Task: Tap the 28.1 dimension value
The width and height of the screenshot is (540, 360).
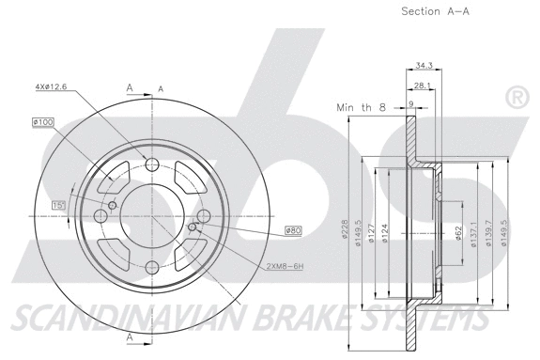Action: click(422, 86)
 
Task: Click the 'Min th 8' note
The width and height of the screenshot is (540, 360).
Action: click(361, 108)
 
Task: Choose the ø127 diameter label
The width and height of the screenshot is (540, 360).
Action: click(372, 234)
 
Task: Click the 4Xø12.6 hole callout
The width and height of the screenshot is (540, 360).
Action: click(52, 87)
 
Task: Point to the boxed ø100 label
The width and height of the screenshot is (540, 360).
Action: click(43, 121)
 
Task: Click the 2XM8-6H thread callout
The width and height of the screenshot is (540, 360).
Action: click(285, 266)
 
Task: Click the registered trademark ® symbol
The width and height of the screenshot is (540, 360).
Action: click(516, 98)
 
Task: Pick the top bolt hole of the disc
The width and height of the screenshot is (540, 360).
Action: click(153, 165)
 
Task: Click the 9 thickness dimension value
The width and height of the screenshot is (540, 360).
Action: click(410, 104)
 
